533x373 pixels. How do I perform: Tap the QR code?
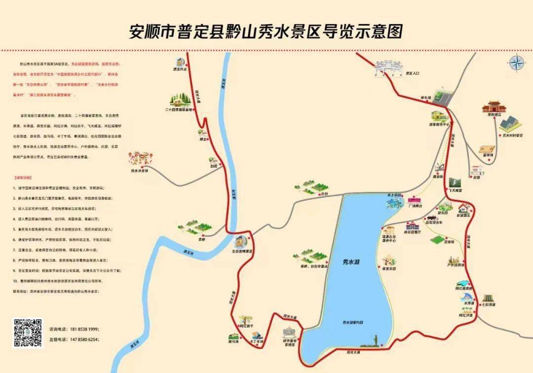coord(28,333)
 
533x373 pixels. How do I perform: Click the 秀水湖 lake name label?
coord(351,262)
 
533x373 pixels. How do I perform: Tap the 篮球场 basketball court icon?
coord(487,149)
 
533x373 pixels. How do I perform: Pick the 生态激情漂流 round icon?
coord(240,241)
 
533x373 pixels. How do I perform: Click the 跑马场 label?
coord(234,341)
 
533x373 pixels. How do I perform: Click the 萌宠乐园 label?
coord(389,269)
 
